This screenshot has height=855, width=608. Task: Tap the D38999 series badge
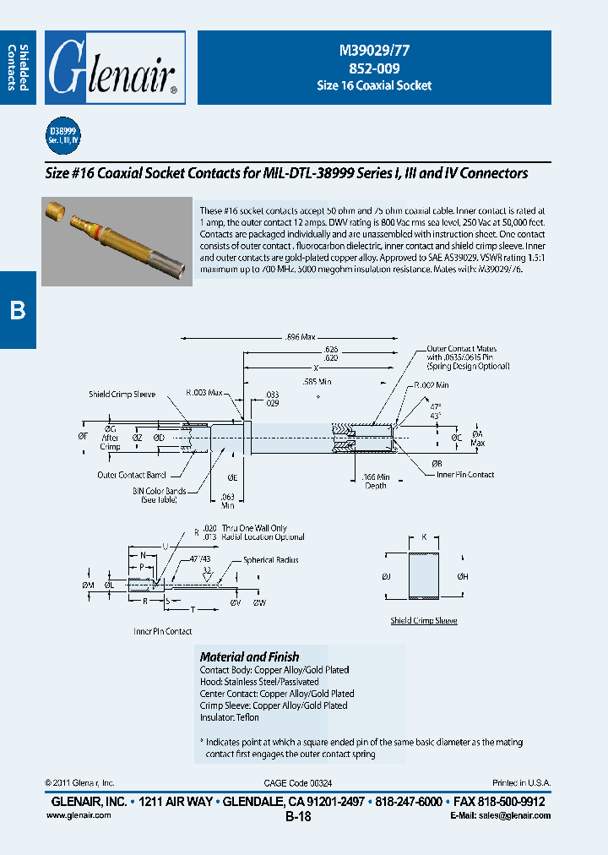[x=62, y=136]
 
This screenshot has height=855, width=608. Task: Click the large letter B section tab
[x=18, y=310]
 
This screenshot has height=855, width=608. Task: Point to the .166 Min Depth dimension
[x=371, y=481]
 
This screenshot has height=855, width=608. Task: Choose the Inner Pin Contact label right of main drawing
[x=465, y=475]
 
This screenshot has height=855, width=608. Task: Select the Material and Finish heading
[x=249, y=656]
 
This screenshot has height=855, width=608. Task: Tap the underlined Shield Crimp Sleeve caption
[x=423, y=620]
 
